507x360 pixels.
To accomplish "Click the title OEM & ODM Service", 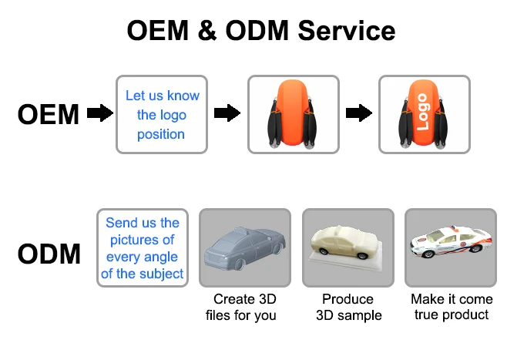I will coord(261,31).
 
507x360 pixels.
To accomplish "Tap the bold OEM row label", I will coord(49,115).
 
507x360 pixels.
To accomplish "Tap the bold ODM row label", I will coord(49,254).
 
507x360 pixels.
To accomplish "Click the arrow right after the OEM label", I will coord(99,114).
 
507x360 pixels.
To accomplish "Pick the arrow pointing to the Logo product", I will coord(357,114).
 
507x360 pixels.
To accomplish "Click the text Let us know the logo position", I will coord(162,115).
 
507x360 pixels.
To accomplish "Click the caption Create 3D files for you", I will coord(244,307).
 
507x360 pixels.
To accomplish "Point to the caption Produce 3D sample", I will coord(348,307).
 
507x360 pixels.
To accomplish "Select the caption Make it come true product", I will coord(451,307).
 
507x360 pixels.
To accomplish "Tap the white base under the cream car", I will coord(348,259).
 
